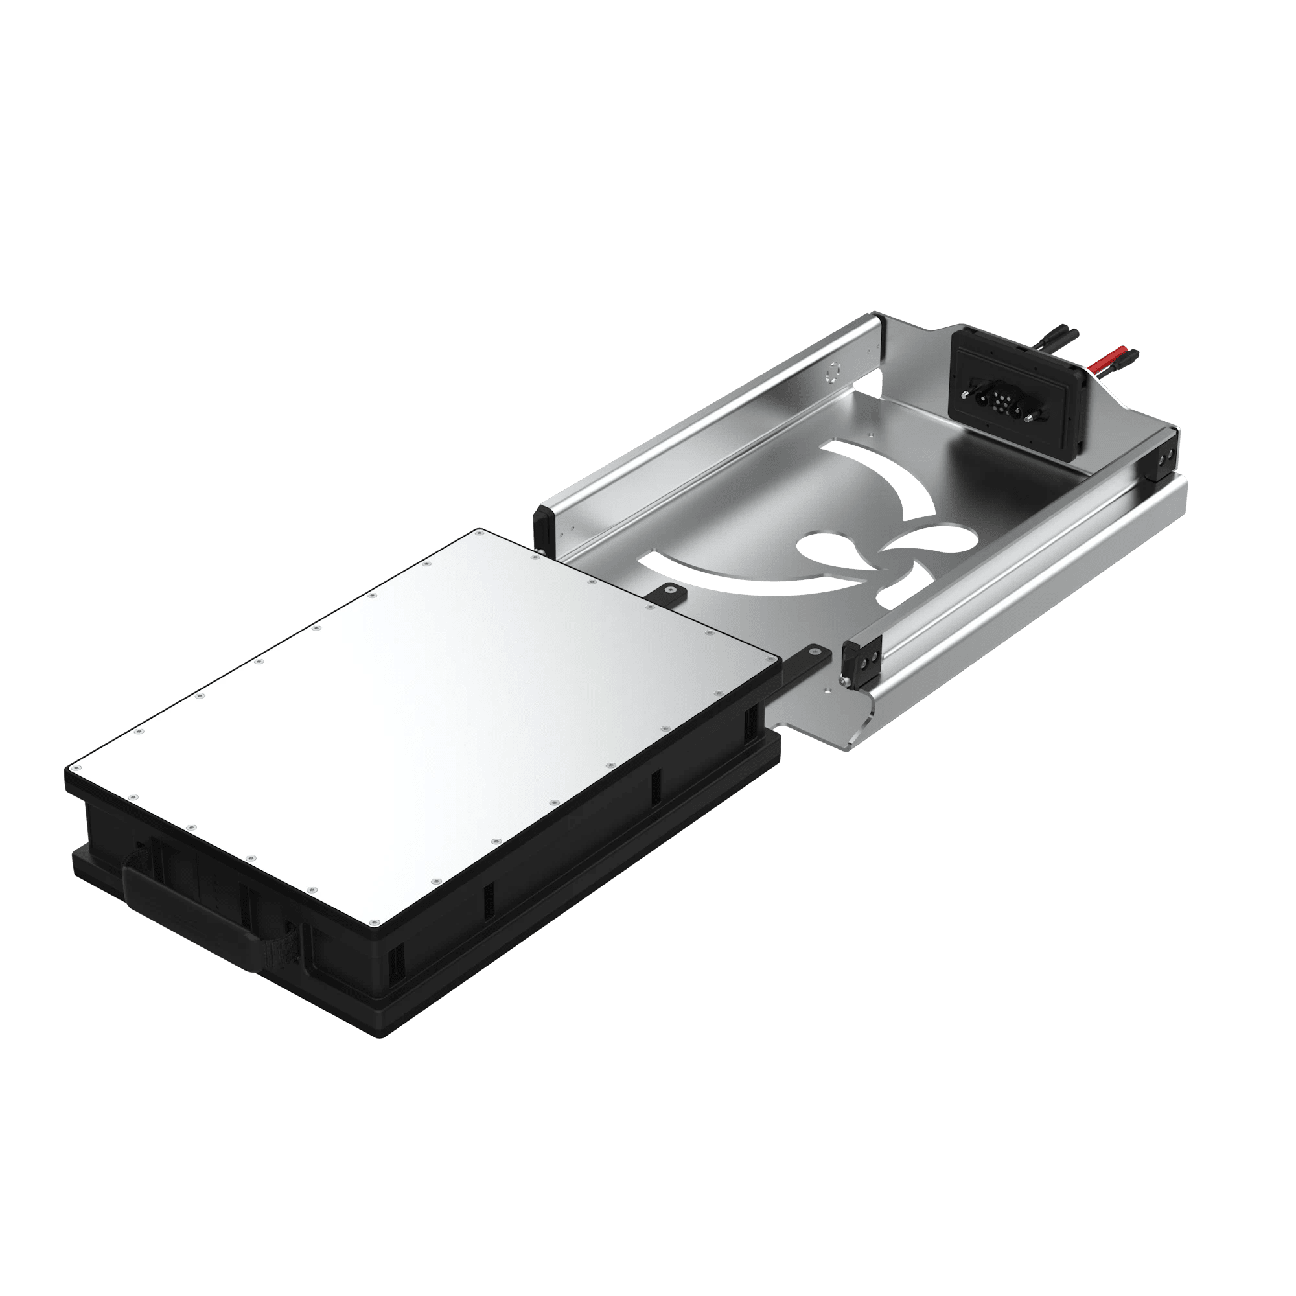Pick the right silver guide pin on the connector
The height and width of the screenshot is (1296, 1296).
click(1027, 419)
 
